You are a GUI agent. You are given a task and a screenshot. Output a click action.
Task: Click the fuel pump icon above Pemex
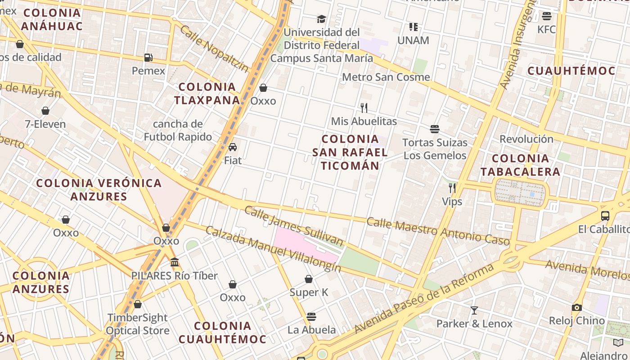[x=148, y=58]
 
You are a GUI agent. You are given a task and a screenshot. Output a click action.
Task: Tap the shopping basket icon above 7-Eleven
[x=45, y=111]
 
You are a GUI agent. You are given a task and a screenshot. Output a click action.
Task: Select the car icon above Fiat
[x=233, y=147]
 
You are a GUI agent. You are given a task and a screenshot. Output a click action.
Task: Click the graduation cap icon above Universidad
[x=321, y=19]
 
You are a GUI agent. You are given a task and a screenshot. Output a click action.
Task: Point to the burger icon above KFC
[x=547, y=16]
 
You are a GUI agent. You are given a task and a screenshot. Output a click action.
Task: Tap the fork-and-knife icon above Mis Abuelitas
[x=364, y=108]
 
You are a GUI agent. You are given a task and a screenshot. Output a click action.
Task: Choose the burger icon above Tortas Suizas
[x=435, y=129]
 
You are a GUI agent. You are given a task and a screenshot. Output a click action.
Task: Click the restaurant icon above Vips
[x=452, y=188]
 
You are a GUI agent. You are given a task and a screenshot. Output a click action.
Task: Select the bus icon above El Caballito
[x=605, y=216]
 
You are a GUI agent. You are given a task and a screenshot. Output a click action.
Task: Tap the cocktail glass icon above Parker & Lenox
[x=474, y=310]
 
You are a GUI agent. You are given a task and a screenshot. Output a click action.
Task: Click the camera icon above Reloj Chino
[x=577, y=308]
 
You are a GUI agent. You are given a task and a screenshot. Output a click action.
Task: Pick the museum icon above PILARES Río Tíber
[x=175, y=262]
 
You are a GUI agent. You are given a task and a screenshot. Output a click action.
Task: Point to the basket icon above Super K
[x=309, y=279]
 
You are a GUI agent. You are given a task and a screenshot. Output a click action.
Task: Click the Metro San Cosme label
[x=386, y=77]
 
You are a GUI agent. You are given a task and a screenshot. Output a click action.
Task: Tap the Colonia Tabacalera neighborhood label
[x=520, y=165]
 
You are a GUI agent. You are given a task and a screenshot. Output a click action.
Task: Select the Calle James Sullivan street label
[x=293, y=226]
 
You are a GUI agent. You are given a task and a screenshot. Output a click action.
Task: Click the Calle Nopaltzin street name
[x=214, y=49]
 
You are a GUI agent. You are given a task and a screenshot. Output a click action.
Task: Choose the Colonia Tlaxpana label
[x=207, y=93]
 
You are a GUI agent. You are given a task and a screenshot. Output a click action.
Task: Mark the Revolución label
[x=526, y=139]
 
